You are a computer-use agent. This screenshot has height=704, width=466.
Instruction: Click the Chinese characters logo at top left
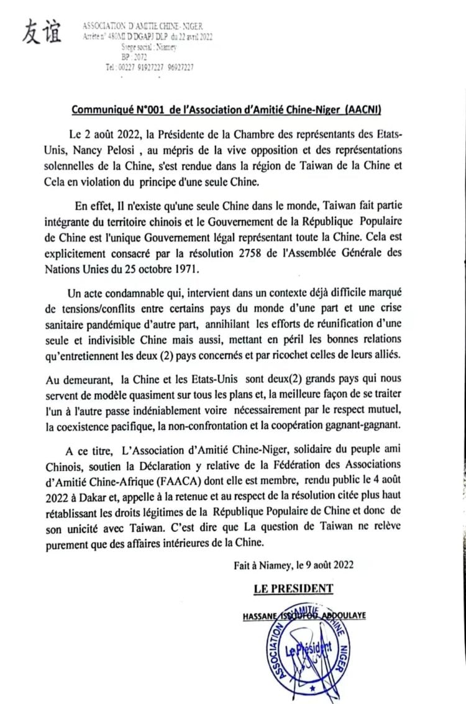tap(42, 30)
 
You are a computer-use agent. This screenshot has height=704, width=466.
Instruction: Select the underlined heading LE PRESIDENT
tap(293, 588)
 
